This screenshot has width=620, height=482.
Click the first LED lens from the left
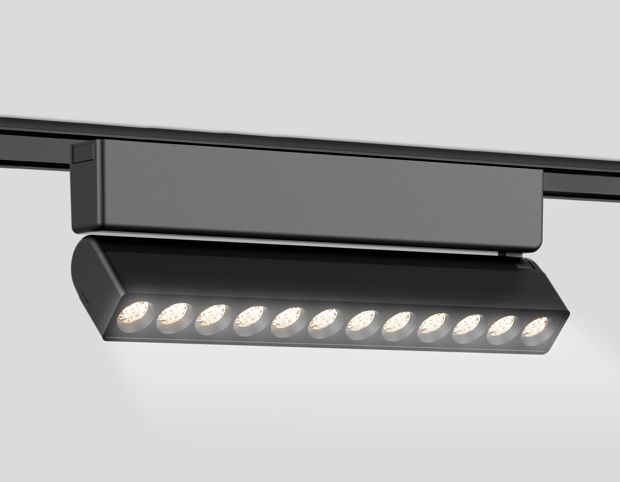[x=135, y=315]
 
